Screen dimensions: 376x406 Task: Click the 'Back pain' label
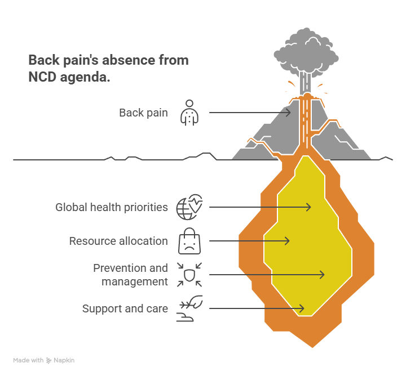(143, 113)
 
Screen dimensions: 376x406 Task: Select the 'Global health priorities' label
(112, 207)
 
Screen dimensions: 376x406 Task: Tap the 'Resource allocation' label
(118, 241)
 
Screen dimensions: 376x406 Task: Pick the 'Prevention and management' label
(130, 275)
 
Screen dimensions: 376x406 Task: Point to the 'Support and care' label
(125, 308)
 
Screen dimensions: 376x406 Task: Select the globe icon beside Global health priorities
(189, 207)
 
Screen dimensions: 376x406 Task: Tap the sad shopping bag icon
(189, 241)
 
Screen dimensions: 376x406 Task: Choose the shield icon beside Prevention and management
(189, 274)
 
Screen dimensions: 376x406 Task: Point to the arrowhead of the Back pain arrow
(289, 113)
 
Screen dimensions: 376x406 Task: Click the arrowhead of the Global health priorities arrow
(309, 207)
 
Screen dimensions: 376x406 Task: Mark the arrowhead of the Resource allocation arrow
(288, 241)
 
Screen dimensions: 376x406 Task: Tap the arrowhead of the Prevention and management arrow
(323, 275)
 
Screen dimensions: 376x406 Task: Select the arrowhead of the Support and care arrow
(302, 308)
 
